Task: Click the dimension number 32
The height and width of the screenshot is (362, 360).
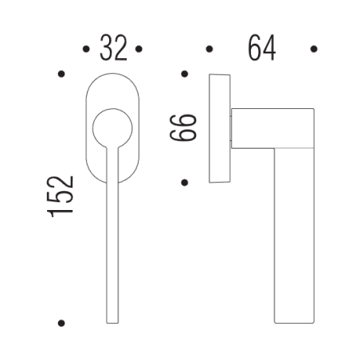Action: [x=113, y=49]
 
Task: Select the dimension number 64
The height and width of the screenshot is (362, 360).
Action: [x=261, y=49]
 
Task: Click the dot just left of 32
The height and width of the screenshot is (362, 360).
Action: [x=86, y=49]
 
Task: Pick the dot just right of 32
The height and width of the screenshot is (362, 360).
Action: [x=139, y=49]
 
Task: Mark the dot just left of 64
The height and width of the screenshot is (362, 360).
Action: [x=209, y=49]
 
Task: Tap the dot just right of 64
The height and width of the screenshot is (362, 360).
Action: [x=314, y=49]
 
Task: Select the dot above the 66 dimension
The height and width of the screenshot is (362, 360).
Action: [x=184, y=75]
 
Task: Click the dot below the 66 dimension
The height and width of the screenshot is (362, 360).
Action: [x=184, y=182]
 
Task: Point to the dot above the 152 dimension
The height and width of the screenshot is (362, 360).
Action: [x=61, y=75]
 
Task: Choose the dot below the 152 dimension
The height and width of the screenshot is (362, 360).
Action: [x=61, y=323]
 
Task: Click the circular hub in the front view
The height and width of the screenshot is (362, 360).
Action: [x=112, y=127]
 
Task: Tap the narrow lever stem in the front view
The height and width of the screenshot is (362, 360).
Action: [x=112, y=231]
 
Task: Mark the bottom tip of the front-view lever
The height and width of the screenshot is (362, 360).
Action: [x=112, y=320]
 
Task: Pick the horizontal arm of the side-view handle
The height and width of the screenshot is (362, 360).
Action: [x=271, y=128]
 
